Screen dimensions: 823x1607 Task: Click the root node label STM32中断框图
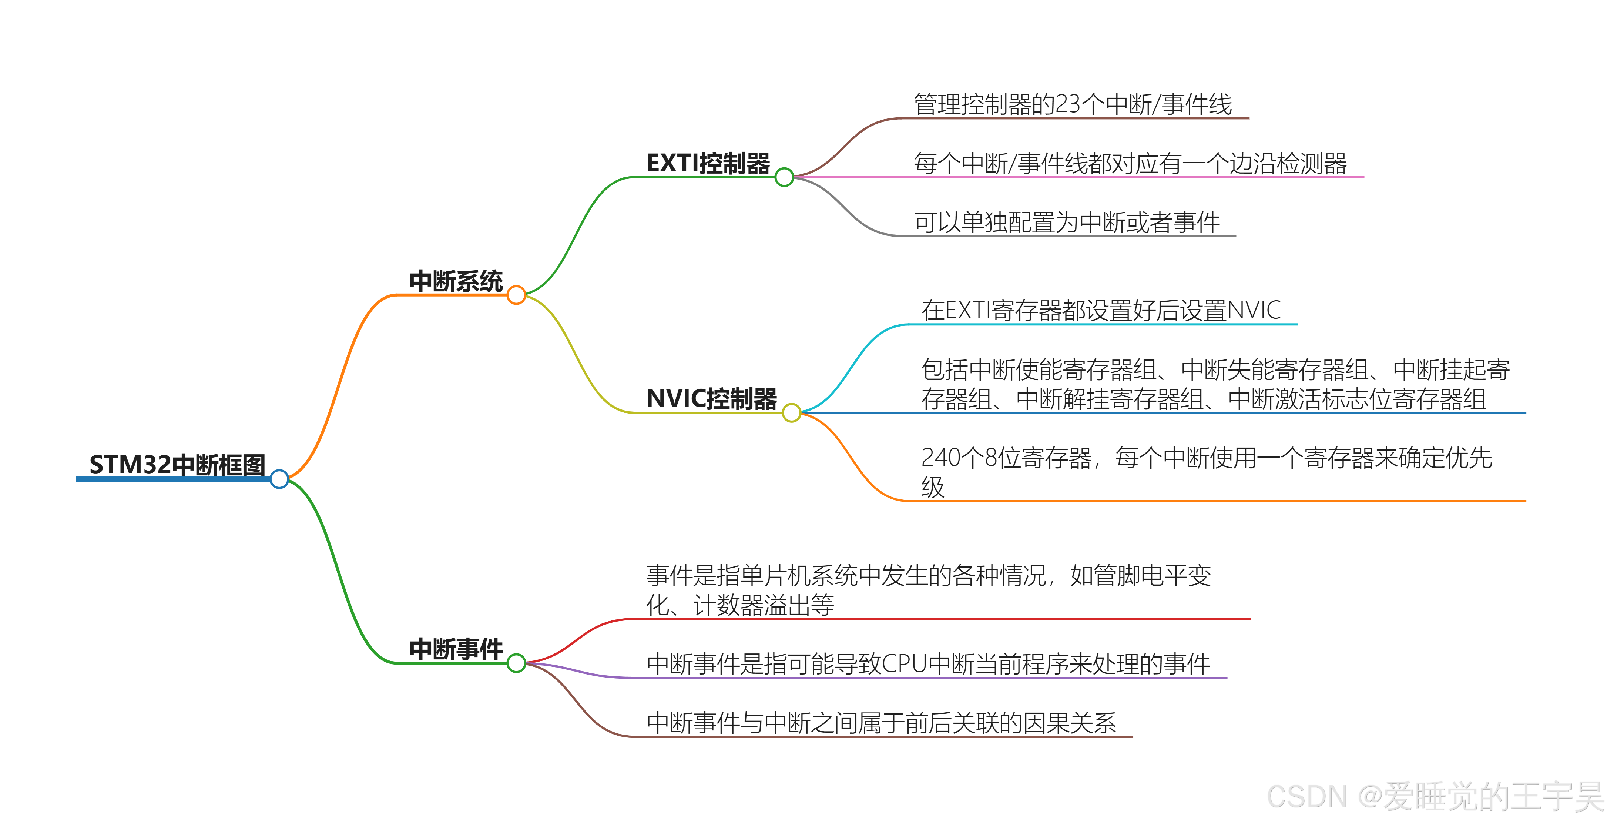click(177, 465)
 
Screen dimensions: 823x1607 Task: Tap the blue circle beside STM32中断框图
click(279, 479)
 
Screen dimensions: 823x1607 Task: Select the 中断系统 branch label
click(456, 281)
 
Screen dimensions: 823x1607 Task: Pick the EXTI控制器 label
click(708, 164)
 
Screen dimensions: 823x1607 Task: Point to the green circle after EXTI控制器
click(784, 177)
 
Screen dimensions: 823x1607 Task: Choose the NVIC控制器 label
click(711, 399)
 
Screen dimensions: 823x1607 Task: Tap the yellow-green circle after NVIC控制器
click(791, 412)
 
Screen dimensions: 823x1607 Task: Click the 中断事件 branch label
click(456, 649)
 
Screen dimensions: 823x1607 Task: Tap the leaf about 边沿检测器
click(1130, 164)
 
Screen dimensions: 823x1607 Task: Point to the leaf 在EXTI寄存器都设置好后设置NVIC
click(1101, 310)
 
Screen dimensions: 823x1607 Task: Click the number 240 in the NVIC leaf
click(941, 458)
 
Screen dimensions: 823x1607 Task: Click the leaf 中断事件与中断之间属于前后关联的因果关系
click(881, 723)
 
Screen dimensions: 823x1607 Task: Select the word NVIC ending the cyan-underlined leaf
click(1254, 310)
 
